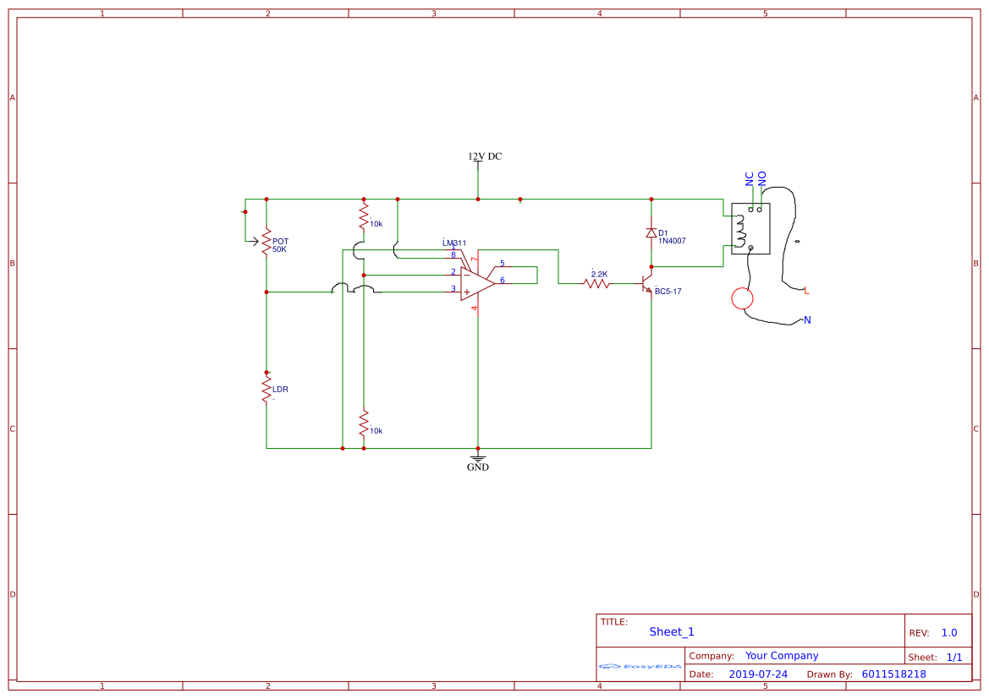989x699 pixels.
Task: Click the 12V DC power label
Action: coord(485,156)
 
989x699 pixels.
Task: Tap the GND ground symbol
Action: coord(478,461)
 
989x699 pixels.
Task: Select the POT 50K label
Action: coord(280,245)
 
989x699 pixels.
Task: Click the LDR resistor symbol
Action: coord(266,390)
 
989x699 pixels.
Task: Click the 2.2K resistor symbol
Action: coord(597,284)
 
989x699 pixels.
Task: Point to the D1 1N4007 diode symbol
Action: coord(651,233)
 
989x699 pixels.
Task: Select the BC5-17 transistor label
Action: coord(668,291)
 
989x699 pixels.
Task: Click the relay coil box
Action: coord(750,228)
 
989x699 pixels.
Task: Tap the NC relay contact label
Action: coord(750,178)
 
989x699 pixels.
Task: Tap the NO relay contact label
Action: coord(762,178)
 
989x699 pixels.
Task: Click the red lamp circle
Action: coord(742,298)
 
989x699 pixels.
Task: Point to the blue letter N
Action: coord(807,320)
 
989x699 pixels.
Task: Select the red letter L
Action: coord(807,291)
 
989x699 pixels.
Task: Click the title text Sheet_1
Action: coord(672,632)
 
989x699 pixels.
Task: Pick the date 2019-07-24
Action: coord(758,674)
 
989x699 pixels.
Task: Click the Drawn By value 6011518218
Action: coord(893,674)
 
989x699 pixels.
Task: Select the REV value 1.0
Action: coord(949,633)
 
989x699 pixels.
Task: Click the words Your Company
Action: coord(782,656)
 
